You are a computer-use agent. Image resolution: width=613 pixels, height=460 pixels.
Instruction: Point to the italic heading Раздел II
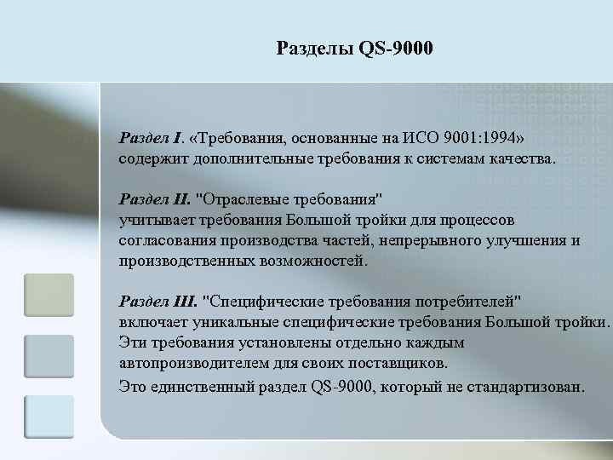coord(155,198)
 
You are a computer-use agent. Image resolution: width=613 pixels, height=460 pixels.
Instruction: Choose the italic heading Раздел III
coord(158,301)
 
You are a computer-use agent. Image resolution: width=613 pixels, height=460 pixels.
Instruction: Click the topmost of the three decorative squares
coord(49,295)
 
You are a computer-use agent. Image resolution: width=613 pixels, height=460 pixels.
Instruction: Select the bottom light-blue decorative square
coord(49,417)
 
